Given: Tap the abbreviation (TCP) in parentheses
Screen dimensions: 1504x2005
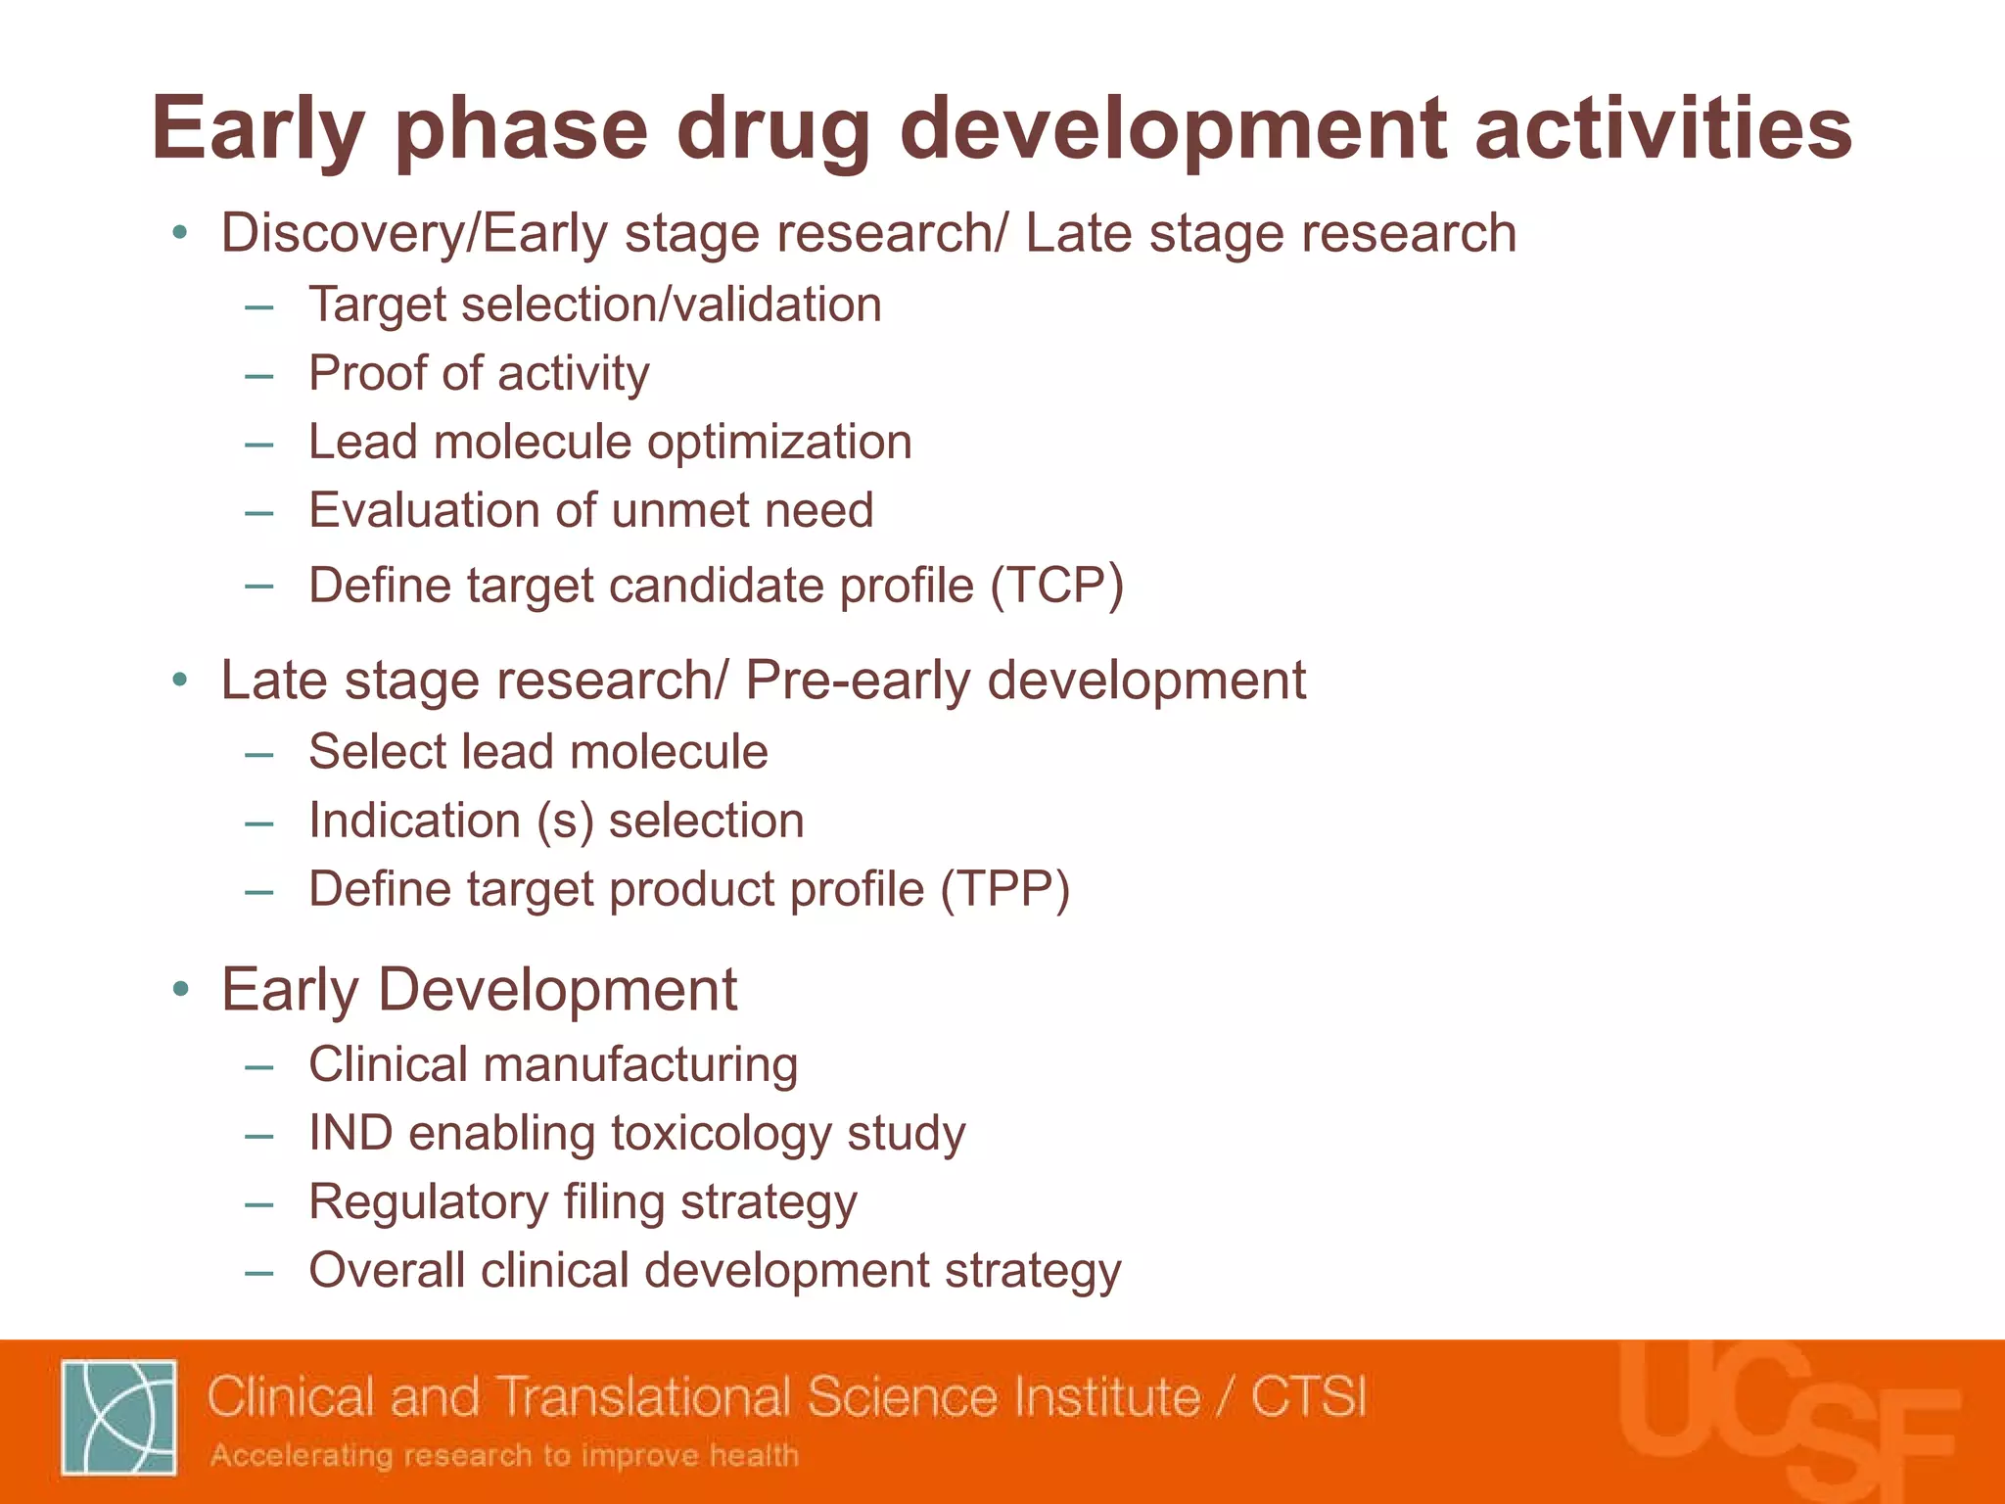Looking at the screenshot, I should click(x=1056, y=586).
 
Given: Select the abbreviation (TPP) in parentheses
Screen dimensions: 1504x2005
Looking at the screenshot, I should click(x=1005, y=889).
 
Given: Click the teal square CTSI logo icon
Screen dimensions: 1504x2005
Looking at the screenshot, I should click(x=118, y=1417).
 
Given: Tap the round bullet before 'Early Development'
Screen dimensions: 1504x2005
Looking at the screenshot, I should click(x=179, y=990).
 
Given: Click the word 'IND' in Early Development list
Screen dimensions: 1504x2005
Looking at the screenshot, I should click(x=350, y=1134).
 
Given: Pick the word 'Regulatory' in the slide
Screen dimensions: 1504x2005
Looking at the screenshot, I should click(x=428, y=1202).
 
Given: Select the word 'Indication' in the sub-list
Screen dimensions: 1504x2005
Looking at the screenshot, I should click(x=414, y=821).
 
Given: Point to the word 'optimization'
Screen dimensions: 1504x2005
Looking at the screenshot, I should click(x=779, y=443).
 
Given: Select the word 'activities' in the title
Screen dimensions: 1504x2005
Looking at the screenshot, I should click(x=1662, y=130).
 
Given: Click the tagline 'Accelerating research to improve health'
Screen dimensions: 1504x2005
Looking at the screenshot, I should click(x=504, y=1455).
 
